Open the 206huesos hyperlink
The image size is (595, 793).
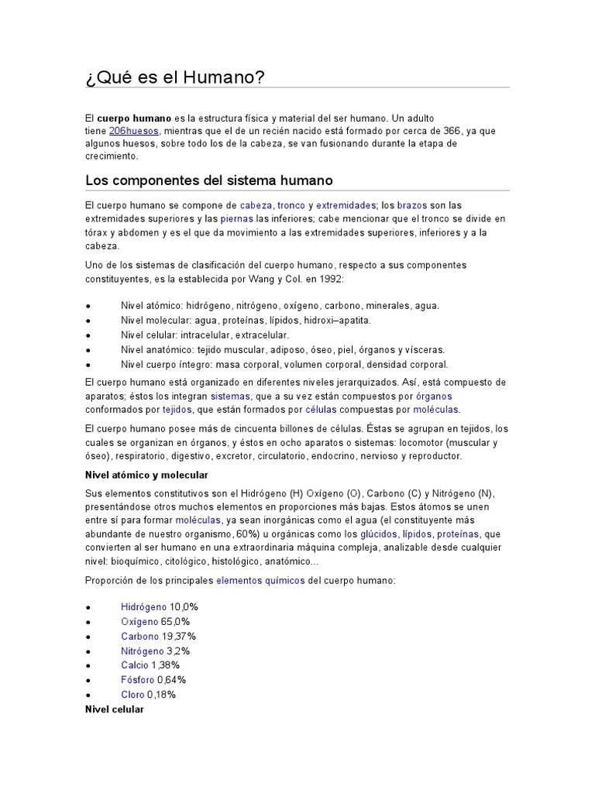134,131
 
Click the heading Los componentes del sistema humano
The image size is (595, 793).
208,180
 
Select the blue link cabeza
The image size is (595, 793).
256,205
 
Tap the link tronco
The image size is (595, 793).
291,205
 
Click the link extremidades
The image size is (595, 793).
345,205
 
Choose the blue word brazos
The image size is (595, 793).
411,205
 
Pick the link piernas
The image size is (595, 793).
237,218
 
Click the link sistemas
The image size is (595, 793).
230,396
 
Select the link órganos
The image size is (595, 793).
433,396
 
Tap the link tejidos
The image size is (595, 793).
177,409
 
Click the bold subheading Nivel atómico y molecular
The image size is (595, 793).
146,474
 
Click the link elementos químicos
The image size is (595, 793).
260,580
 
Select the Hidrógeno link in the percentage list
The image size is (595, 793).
143,607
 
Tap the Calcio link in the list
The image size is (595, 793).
134,665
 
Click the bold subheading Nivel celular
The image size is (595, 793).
114,709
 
